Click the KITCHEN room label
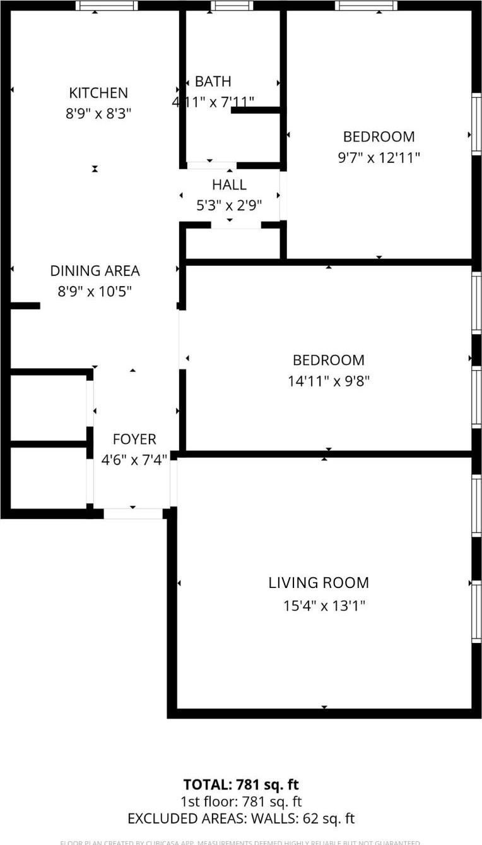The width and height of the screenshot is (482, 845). [98, 93]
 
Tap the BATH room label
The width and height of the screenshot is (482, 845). [213, 81]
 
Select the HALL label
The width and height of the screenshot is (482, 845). [229, 185]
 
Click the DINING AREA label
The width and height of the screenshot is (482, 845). [95, 271]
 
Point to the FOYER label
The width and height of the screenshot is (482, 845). [134, 439]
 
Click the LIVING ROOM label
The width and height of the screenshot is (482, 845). [319, 583]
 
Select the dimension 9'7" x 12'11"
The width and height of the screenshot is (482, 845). [379, 157]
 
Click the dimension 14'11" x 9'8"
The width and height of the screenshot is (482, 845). [328, 381]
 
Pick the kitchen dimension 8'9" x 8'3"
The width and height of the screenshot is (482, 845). [98, 114]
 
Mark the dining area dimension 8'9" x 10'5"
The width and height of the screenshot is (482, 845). [95, 292]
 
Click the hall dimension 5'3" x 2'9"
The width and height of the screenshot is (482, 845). [229, 205]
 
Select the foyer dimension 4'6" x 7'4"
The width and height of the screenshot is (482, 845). [134, 460]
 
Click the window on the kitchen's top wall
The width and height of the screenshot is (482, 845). [107, 6]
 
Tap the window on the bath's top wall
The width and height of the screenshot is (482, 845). [232, 6]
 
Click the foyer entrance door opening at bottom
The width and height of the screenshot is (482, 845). [133, 514]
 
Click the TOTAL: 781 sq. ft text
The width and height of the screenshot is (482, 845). [241, 785]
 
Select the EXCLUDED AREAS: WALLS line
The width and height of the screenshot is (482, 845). [241, 819]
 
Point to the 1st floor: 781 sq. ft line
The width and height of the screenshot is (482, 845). [241, 802]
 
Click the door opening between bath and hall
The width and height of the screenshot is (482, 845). [211, 165]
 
